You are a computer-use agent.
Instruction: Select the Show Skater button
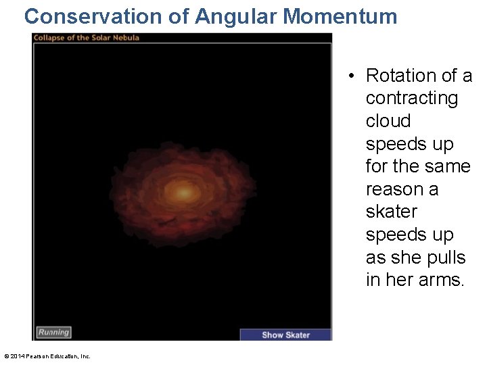(285, 335)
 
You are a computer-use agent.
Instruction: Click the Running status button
(53, 332)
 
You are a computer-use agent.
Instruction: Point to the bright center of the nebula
(183, 193)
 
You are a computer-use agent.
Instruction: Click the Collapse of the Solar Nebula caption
(87, 37)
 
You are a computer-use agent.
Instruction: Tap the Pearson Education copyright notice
(47, 356)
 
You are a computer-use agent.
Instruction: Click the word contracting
(411, 98)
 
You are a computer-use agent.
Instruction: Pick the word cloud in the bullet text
(388, 121)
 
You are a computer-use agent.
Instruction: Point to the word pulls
(446, 258)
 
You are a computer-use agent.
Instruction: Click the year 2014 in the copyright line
(17, 356)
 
